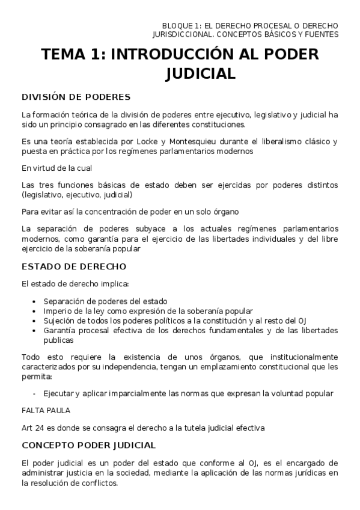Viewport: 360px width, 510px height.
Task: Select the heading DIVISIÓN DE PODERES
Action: [x=76, y=97]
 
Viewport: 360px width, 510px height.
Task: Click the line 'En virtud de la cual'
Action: [x=56, y=168]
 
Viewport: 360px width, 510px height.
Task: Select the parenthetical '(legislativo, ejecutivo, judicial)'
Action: [x=77, y=195]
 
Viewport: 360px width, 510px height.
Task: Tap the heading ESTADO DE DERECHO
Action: [x=73, y=266]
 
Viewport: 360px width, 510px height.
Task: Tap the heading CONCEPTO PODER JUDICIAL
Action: [x=88, y=446]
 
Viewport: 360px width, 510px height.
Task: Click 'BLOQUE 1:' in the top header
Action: [x=169, y=25]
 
